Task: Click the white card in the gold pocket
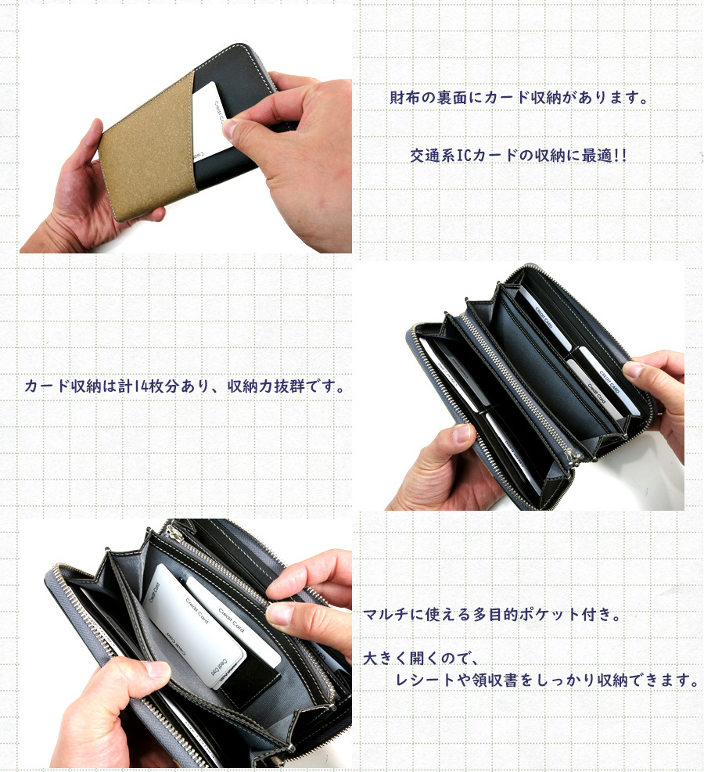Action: click(x=209, y=117)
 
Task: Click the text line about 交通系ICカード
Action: click(x=518, y=155)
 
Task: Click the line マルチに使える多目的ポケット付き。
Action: click(x=493, y=614)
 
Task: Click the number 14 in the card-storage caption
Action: click(x=128, y=387)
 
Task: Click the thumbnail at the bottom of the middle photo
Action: click(x=462, y=433)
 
